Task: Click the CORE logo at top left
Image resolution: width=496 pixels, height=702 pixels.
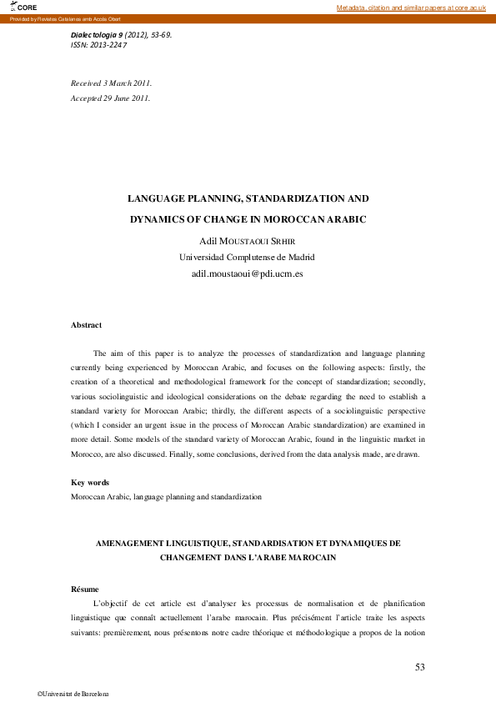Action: tap(24, 8)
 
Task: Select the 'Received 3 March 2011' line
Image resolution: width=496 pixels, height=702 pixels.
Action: tap(111, 83)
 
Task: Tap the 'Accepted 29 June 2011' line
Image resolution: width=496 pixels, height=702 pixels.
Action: tap(111, 98)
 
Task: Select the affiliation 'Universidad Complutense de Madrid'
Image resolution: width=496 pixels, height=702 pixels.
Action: tap(247, 257)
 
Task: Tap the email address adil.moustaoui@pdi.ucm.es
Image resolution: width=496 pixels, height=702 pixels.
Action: tap(247, 273)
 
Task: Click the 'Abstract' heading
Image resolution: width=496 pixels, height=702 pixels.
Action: tap(86, 325)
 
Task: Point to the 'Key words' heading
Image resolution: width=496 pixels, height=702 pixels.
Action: tap(90, 483)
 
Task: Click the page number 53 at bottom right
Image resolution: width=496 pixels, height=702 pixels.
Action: tap(420, 666)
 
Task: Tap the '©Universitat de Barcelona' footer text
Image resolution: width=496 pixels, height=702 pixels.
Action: tap(73, 694)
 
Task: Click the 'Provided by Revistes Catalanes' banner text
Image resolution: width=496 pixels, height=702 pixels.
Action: tap(50, 18)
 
